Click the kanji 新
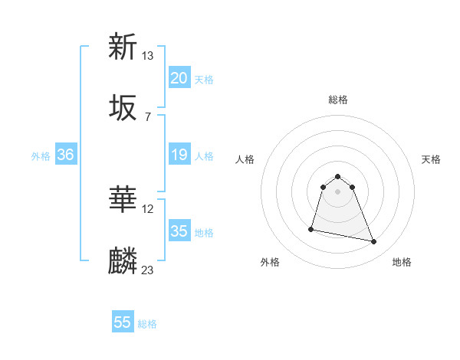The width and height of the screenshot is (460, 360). [123, 47]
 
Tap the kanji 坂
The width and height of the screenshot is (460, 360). [123, 108]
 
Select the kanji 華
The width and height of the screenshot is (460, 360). [123, 201]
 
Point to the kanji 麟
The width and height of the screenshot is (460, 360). [123, 261]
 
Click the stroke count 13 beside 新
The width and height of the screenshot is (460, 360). [147, 56]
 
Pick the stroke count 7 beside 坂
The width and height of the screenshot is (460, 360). [147, 116]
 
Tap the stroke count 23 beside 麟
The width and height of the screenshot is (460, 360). [147, 270]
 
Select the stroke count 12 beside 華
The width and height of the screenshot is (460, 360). [147, 209]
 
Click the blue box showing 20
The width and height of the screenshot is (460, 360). [179, 78]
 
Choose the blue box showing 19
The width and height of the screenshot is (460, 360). [179, 155]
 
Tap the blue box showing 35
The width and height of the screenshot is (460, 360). [179, 231]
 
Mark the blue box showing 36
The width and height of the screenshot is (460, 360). [66, 155]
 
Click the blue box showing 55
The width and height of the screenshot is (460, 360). [123, 322]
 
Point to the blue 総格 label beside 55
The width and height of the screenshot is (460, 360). [147, 324]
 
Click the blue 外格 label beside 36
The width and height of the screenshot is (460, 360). [41, 156]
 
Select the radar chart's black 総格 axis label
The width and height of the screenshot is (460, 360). [338, 100]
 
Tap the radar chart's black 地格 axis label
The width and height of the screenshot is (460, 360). [402, 262]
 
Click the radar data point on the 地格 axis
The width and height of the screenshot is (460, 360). [374, 242]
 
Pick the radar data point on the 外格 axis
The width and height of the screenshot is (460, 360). [311, 229]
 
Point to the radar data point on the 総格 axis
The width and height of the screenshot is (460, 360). [338, 175]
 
